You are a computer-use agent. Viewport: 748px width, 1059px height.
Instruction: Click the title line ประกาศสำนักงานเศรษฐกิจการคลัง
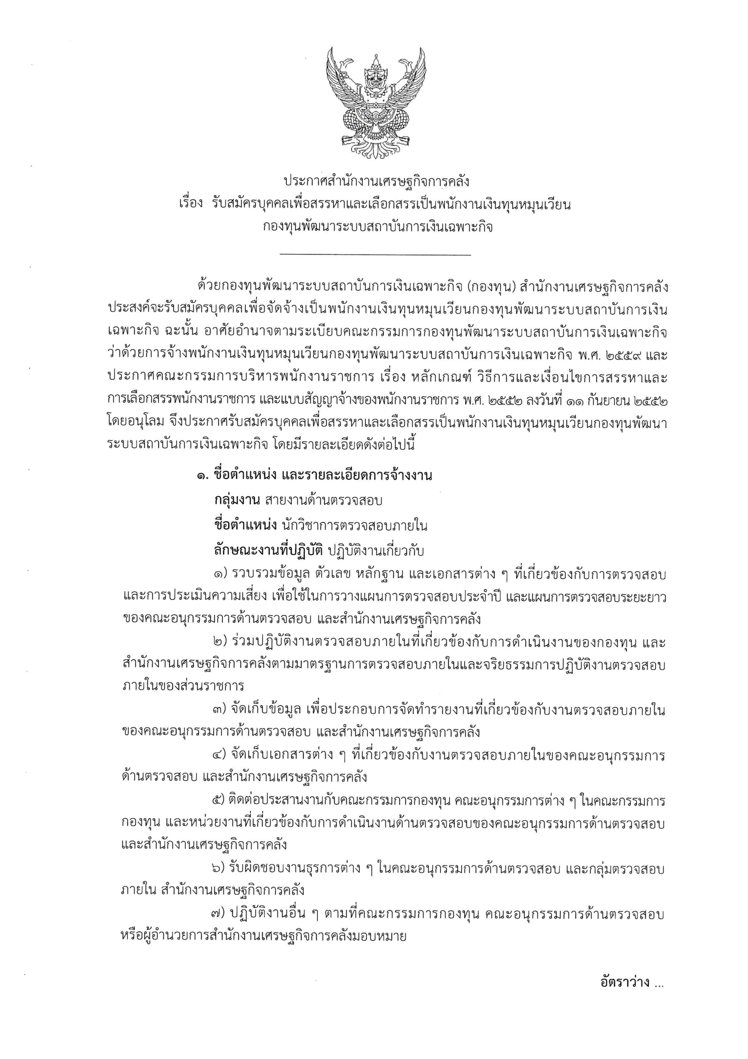click(376, 182)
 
